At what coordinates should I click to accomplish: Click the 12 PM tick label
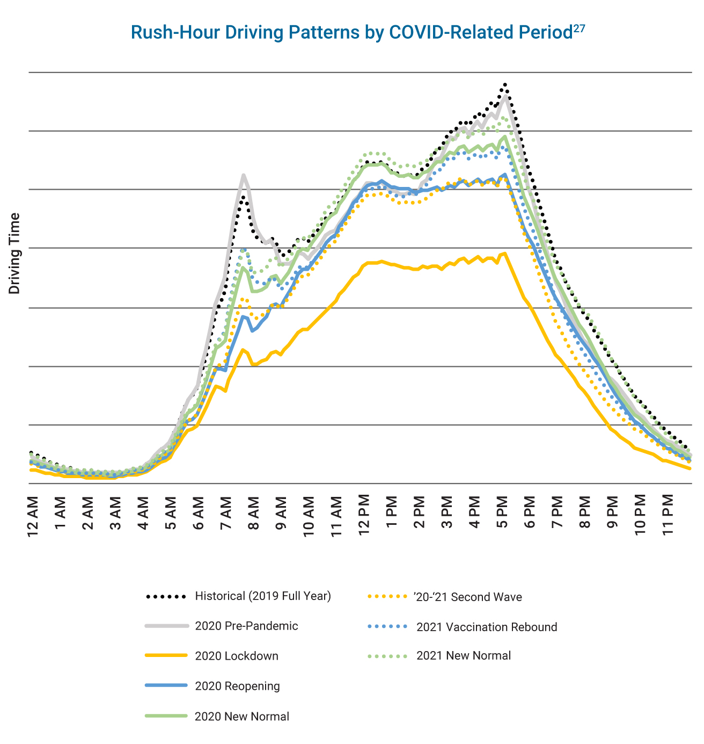coord(365,514)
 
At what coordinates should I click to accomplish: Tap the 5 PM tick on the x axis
coord(502,514)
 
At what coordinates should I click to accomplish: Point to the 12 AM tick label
coord(33,514)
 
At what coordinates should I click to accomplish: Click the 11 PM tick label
coord(668,514)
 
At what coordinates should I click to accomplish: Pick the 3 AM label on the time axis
coord(116,514)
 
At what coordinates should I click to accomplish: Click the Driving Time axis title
coord(14,254)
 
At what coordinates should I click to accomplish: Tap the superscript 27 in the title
coord(579,28)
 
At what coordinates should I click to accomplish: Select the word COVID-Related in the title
coord(452,32)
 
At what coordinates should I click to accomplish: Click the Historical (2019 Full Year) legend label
coord(263,596)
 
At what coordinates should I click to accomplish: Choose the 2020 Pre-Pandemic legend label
coord(246,626)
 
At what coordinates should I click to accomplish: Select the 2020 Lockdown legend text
coord(237,656)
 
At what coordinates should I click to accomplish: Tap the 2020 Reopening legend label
coord(237,686)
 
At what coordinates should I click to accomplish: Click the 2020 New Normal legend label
coord(242,717)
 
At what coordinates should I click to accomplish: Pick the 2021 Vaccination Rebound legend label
coord(487,627)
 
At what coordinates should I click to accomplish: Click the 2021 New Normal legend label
coord(464,656)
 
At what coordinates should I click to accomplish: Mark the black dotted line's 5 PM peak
coord(505,84)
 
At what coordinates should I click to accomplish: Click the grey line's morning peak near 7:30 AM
coord(244,175)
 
